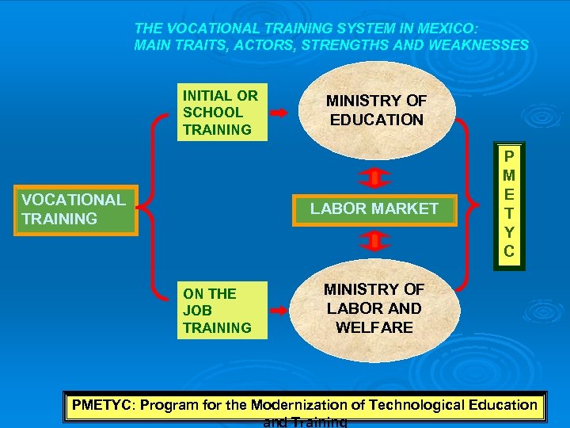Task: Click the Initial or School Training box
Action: pyautogui.click(x=222, y=112)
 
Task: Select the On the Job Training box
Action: pyautogui.click(x=222, y=310)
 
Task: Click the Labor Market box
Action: pyautogui.click(x=374, y=208)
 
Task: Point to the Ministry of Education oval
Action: pyautogui.click(x=377, y=111)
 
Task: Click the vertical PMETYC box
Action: pyautogui.click(x=509, y=204)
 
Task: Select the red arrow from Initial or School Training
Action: pyautogui.click(x=284, y=112)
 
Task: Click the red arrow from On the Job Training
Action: pyautogui.click(x=284, y=310)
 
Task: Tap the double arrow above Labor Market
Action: pyautogui.click(x=375, y=175)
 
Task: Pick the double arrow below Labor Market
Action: pyautogui.click(x=375, y=239)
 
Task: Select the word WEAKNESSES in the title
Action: pyautogui.click(x=478, y=44)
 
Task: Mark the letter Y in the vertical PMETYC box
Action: pyautogui.click(x=509, y=232)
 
